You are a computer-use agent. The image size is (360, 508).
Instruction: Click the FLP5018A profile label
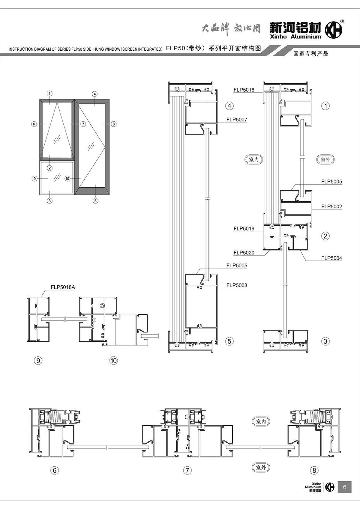[x=63, y=287]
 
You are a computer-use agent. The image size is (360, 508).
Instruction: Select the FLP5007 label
[x=237, y=120]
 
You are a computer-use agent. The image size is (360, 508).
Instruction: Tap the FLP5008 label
[x=237, y=285]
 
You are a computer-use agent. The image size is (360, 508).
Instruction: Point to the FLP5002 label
[x=331, y=206]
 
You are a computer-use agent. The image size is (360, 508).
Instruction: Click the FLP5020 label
[x=244, y=253]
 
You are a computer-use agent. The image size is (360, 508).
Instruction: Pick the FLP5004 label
[x=331, y=258]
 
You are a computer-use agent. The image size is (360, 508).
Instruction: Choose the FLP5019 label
[x=244, y=229]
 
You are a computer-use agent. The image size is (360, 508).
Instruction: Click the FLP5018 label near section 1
[x=244, y=90]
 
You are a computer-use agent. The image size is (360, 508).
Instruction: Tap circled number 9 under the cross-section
[x=38, y=361]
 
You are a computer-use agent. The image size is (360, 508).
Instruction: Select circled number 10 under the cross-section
[x=114, y=361]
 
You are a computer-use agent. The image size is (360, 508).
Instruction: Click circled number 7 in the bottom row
[x=187, y=470]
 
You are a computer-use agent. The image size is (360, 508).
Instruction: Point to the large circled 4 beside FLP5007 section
[x=229, y=106]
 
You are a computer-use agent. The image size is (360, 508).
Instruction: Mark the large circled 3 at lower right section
[x=325, y=341]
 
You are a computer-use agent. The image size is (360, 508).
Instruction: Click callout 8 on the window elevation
[x=113, y=124]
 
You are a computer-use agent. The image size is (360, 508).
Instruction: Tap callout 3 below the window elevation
[x=50, y=201]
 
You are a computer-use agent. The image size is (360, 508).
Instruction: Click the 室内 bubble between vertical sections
[x=254, y=159]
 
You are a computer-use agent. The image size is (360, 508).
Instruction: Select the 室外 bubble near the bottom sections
[x=261, y=467]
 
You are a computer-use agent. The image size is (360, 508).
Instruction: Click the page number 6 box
[x=344, y=487]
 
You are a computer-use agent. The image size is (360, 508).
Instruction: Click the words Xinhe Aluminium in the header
[x=295, y=37]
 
